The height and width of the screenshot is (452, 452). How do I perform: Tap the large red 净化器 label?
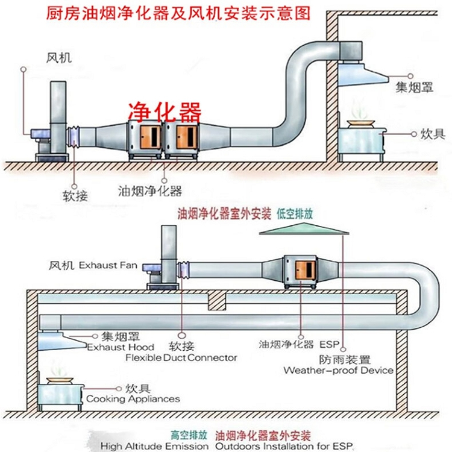[164, 111]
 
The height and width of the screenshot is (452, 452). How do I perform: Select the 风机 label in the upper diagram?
[58, 58]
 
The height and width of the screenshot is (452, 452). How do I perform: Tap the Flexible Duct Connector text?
[181, 357]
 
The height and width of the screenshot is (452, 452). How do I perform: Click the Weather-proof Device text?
[339, 370]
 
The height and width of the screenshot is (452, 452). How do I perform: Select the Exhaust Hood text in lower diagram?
[121, 347]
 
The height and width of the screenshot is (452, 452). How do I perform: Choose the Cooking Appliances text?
[133, 398]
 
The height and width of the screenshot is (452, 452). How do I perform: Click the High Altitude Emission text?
[154, 446]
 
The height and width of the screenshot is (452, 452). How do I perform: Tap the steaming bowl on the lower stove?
[58, 379]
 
